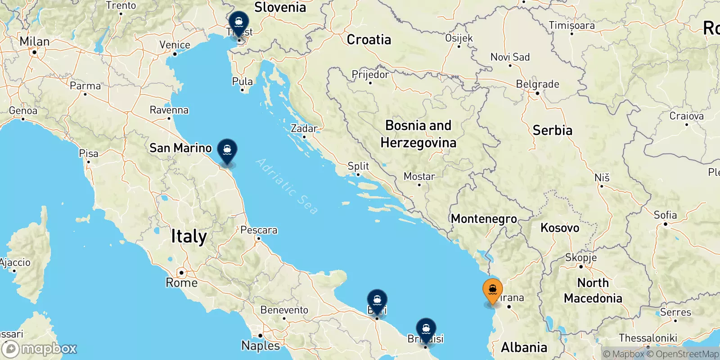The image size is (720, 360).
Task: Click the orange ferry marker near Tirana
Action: (x=492, y=290)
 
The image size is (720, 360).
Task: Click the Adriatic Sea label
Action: (x=287, y=186)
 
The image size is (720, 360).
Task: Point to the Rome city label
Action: (x=181, y=283)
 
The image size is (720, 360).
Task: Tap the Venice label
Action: (x=175, y=45)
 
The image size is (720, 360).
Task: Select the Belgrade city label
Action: (x=537, y=84)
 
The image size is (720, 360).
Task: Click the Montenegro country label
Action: (x=484, y=219)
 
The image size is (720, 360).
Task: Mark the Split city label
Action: (x=358, y=166)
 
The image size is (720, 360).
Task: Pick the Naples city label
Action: (x=261, y=345)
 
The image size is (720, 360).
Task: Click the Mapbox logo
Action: (x=40, y=349)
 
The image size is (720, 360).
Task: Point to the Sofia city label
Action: (x=665, y=215)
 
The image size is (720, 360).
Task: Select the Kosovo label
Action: (x=560, y=228)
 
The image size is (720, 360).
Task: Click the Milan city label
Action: (x=34, y=42)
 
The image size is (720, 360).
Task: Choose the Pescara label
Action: (x=259, y=230)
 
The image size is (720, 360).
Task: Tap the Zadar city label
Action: (x=304, y=129)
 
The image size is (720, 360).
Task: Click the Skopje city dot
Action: (x=581, y=266)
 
